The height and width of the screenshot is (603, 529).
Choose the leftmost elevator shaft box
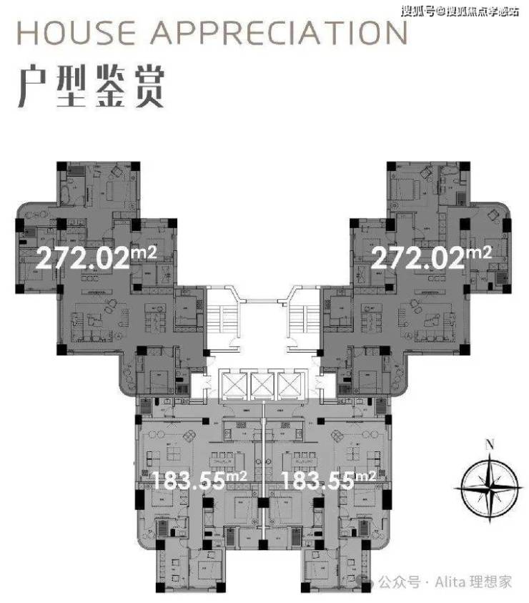click(232, 386)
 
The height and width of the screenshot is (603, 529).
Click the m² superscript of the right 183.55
click(366, 474)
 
